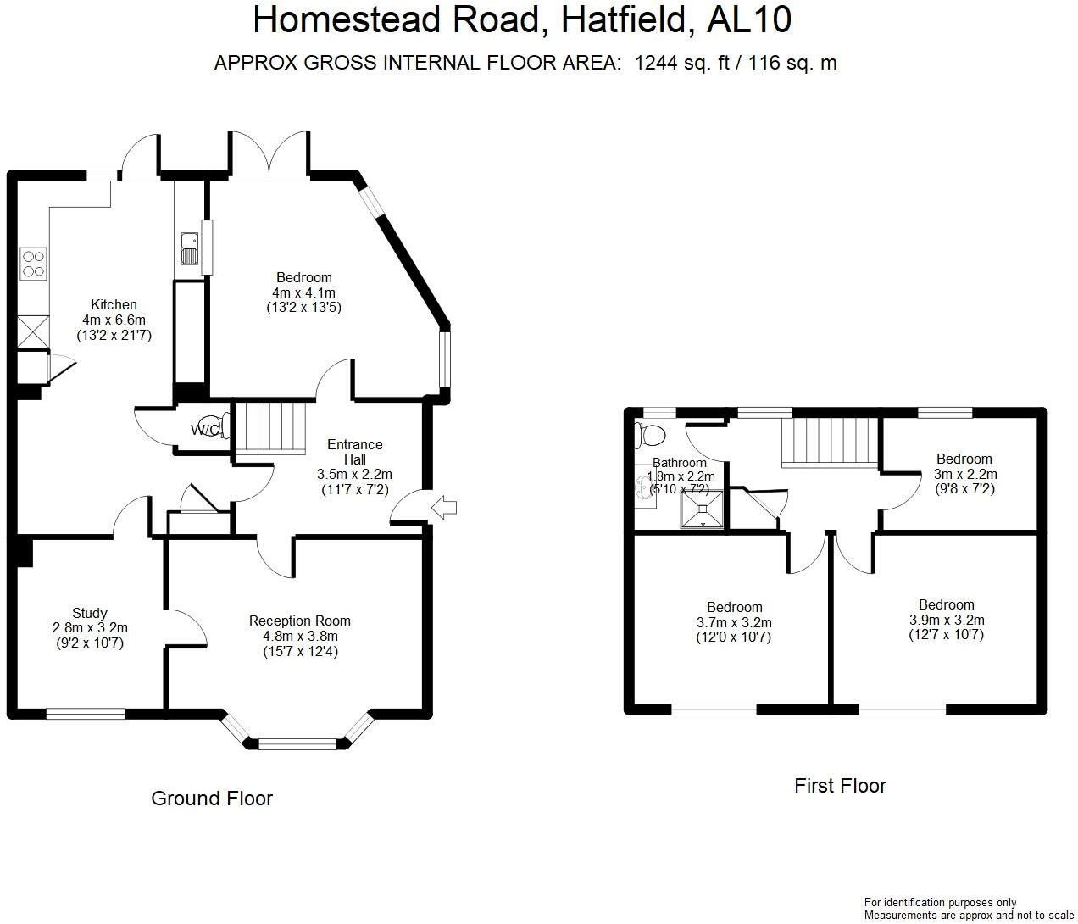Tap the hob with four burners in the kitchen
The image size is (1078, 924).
click(33, 262)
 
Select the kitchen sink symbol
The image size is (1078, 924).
click(188, 247)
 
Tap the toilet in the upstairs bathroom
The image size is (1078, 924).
click(651, 435)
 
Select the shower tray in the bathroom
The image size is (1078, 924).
click(703, 509)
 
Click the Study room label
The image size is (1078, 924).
click(90, 613)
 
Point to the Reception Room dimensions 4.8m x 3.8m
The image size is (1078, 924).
click(299, 637)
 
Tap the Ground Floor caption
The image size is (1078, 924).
click(212, 799)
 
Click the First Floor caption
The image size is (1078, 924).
click(840, 786)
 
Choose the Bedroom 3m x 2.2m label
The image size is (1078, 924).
click(964, 474)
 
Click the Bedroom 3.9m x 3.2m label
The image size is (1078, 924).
click(946, 620)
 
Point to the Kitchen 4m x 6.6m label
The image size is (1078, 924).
click(114, 320)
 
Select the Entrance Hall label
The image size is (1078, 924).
click(354, 451)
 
